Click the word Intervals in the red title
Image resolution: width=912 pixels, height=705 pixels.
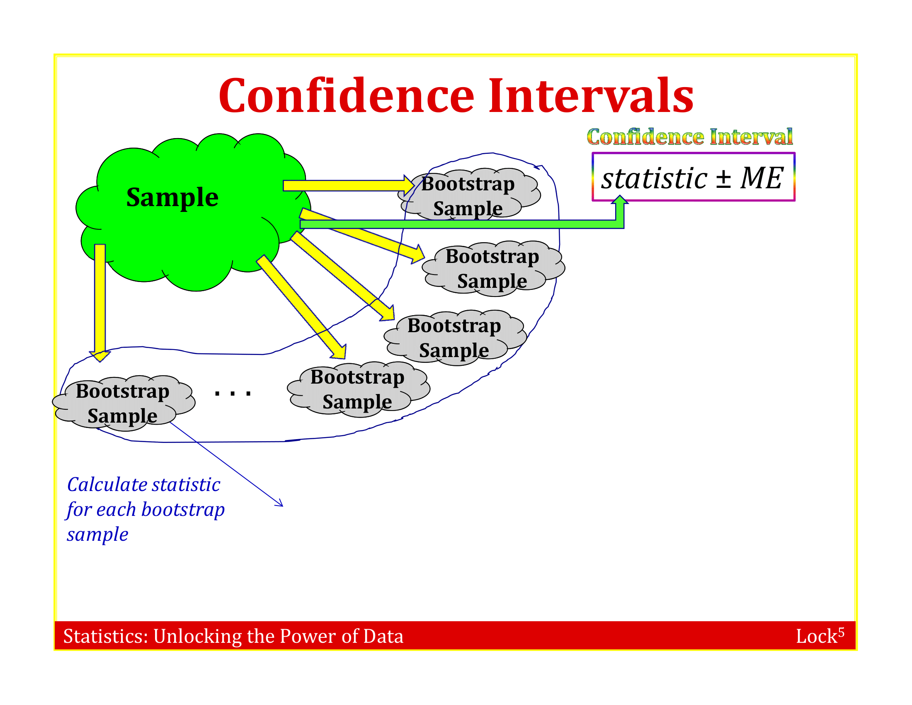(x=591, y=96)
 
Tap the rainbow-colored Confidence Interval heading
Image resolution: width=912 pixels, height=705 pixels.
(x=690, y=137)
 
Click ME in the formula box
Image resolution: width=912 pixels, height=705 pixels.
(x=762, y=178)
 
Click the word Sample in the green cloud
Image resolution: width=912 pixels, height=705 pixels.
(x=172, y=197)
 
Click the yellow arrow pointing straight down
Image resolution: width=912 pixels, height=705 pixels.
(x=100, y=303)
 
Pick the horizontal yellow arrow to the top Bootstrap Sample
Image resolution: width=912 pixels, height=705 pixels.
(x=349, y=185)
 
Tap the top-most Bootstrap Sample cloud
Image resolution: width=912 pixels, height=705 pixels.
(x=469, y=194)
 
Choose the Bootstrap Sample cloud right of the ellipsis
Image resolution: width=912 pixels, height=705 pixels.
(x=358, y=389)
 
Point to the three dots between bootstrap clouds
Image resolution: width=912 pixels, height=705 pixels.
(x=233, y=393)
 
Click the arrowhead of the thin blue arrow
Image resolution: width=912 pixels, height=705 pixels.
(x=279, y=503)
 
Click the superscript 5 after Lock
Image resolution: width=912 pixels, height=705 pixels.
(x=841, y=632)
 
